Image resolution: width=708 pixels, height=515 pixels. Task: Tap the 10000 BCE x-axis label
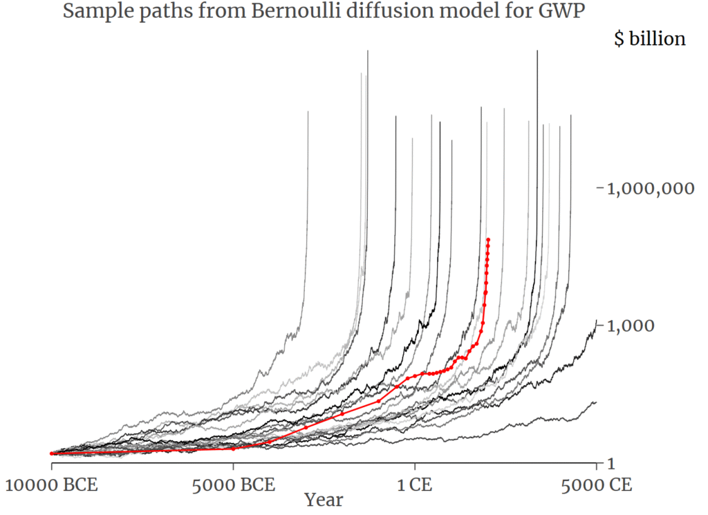(52, 483)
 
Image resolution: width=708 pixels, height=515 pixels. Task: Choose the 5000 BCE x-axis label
(233, 483)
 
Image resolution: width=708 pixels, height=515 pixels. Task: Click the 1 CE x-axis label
(415, 483)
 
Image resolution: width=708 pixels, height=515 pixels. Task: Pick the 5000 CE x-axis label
(596, 483)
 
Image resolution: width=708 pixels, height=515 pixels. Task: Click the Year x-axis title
(324, 499)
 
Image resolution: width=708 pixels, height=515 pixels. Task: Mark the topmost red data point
(488, 240)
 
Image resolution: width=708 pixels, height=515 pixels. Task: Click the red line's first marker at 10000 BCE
(52, 453)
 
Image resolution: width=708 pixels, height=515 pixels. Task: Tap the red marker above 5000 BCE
(233, 449)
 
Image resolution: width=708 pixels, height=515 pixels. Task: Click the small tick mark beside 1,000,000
(599, 188)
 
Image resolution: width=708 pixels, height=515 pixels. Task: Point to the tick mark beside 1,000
(599, 326)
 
